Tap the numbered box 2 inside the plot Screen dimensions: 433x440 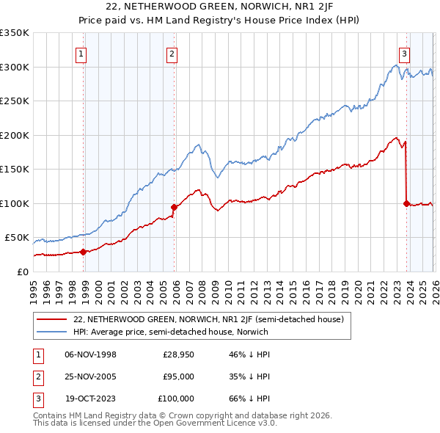tap(171, 53)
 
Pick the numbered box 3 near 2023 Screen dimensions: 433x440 tap(404, 53)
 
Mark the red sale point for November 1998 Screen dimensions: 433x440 tap(83, 252)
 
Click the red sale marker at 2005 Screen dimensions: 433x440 tap(174, 207)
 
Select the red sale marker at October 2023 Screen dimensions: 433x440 tap(406, 203)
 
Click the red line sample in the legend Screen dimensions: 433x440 tap(52, 319)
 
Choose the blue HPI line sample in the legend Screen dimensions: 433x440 tap(52, 332)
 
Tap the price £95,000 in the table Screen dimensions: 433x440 tap(178, 376)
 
